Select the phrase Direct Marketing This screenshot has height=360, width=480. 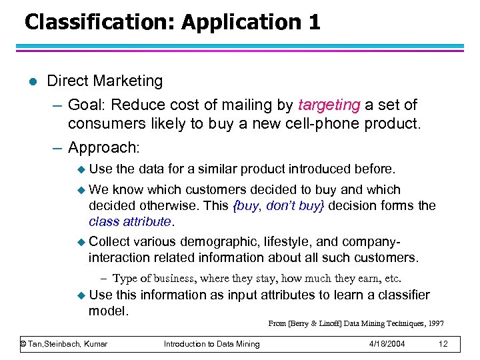tap(105, 81)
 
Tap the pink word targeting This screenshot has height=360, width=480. tap(329, 105)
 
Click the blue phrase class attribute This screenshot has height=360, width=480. tap(130, 221)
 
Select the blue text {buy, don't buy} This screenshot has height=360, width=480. tap(279, 206)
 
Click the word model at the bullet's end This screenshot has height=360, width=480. tap(108, 311)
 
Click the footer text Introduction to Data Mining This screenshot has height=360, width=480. tap(212, 343)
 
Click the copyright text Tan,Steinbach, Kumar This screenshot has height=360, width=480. tap(65, 343)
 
